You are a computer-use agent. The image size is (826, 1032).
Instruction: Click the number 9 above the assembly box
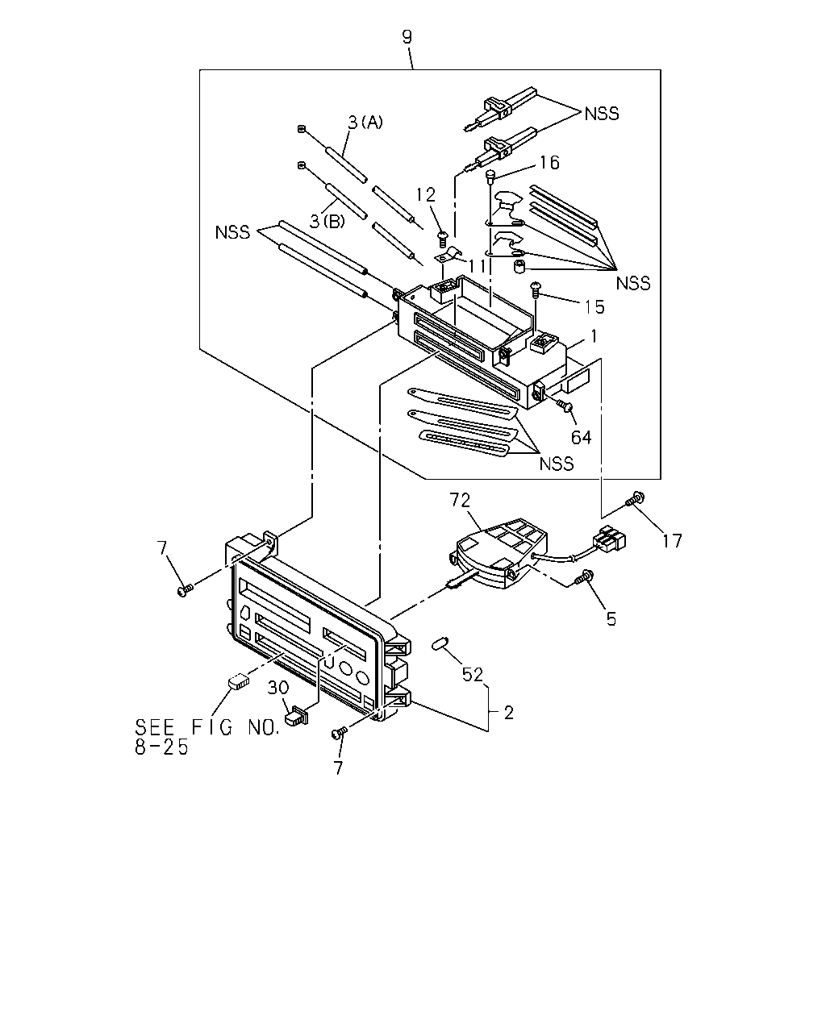tap(407, 37)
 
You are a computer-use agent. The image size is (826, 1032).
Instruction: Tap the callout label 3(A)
tap(365, 123)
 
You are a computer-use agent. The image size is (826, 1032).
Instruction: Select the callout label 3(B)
tap(327, 221)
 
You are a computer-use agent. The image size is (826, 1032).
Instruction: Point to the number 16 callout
tap(549, 163)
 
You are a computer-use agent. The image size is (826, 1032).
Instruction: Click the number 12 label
tap(425, 194)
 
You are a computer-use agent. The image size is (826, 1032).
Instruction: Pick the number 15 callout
tap(594, 307)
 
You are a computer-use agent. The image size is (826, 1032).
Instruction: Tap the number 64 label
tap(581, 437)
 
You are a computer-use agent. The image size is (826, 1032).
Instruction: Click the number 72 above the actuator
tap(460, 500)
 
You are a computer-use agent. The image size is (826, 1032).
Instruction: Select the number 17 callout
tap(672, 541)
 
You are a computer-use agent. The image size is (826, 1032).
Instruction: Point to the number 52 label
tap(472, 675)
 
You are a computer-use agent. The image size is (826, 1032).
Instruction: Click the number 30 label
tap(278, 688)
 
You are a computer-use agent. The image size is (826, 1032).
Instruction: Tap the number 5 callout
tap(611, 618)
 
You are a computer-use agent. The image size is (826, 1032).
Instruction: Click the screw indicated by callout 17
tap(635, 499)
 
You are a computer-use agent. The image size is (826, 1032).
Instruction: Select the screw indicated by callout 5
tap(584, 576)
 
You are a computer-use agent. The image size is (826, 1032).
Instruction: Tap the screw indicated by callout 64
tap(565, 406)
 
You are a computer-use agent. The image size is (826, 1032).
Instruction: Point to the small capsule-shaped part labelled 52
tap(440, 643)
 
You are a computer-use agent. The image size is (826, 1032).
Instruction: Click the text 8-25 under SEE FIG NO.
tap(161, 747)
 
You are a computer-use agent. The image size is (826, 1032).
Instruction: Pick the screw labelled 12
tap(443, 239)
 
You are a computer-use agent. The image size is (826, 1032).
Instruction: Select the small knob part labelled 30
tap(297, 714)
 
